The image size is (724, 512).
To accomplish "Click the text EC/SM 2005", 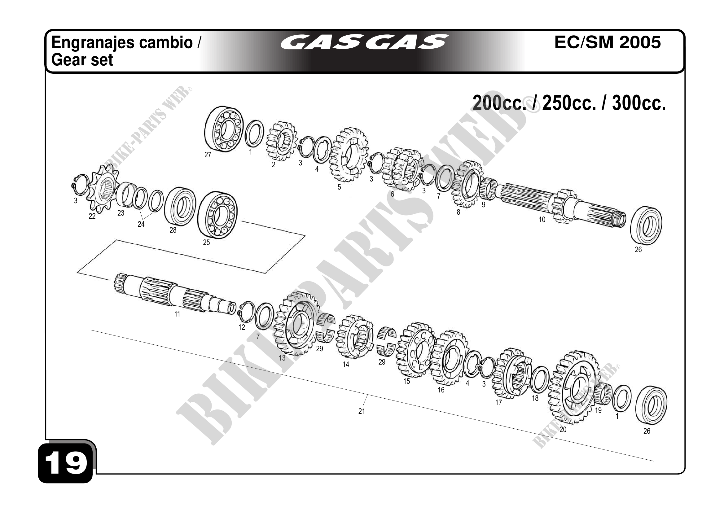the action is (x=607, y=42).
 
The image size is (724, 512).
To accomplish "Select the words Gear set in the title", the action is (x=82, y=60).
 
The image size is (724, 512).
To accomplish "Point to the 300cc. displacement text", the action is (x=639, y=103).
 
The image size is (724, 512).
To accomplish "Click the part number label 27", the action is (x=208, y=155).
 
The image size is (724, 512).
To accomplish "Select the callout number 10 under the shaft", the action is (x=542, y=219).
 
